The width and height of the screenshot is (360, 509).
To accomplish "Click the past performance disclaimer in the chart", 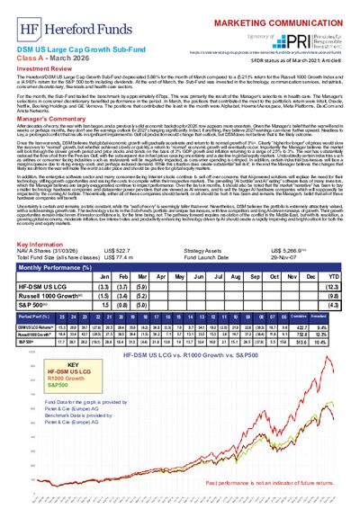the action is pos(270,486).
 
